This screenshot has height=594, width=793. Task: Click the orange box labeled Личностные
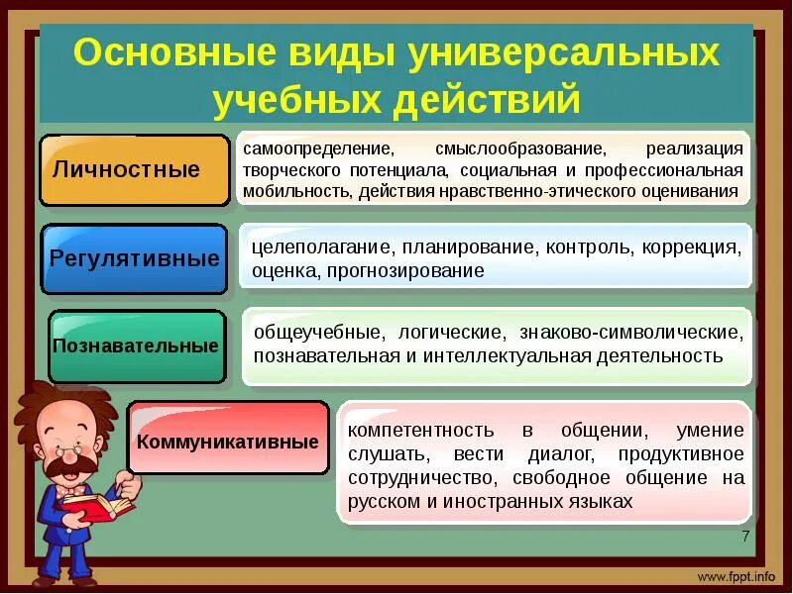click(134, 169)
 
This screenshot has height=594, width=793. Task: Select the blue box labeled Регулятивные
click(134, 259)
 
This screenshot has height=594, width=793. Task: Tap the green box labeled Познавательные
click(135, 346)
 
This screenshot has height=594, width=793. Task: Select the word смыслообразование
click(519, 149)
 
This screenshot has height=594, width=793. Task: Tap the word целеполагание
click(311, 247)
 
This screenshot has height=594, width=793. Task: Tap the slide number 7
click(744, 536)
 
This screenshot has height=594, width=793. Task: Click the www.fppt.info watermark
click(736, 576)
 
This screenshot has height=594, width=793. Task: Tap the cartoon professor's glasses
click(71, 444)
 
